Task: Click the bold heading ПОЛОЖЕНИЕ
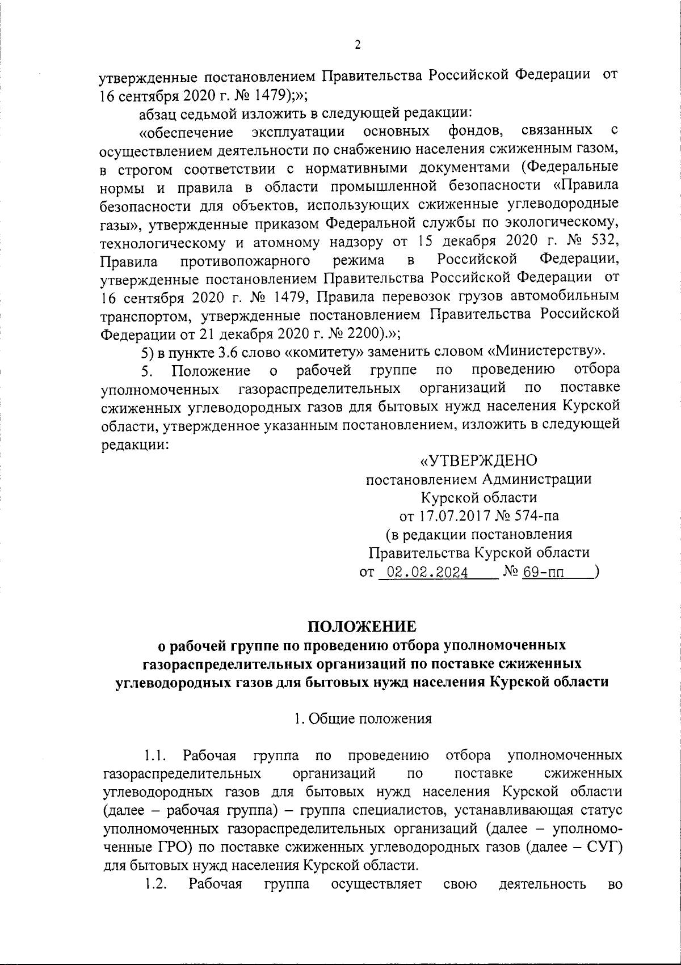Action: click(x=361, y=627)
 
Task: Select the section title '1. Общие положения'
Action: click(x=362, y=718)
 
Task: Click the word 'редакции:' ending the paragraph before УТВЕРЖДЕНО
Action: click(x=134, y=445)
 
